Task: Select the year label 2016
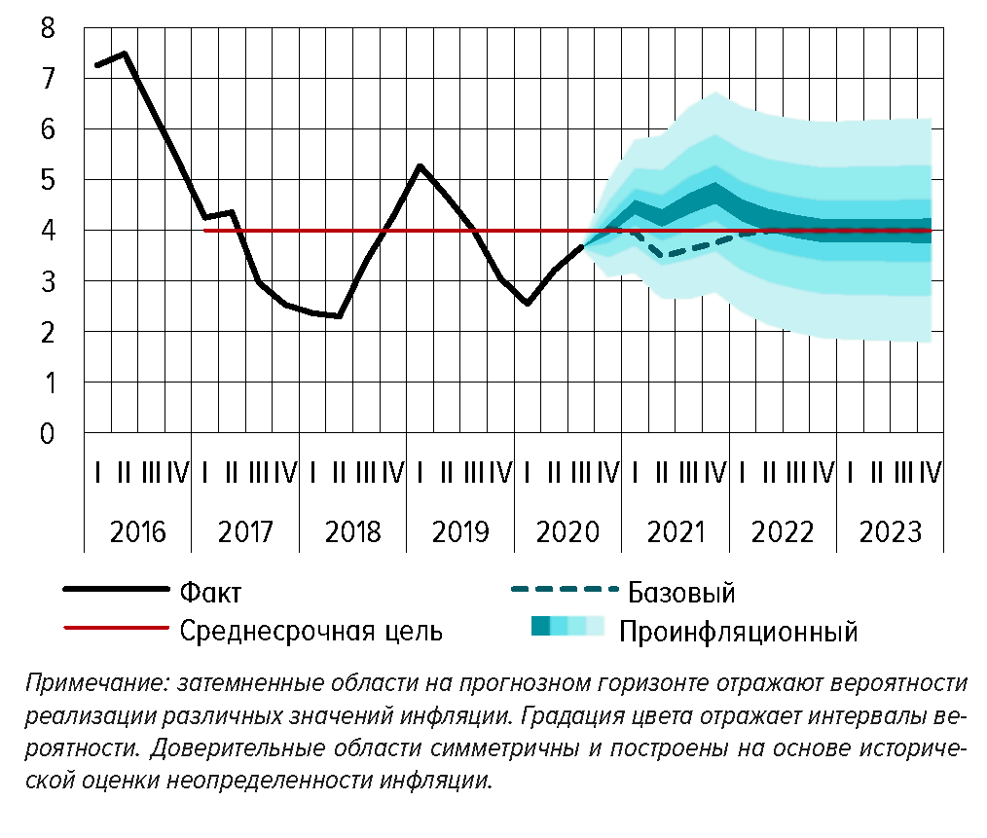pos(138,532)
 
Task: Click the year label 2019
pos(461,532)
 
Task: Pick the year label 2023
pos(892,532)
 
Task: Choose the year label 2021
pos(676,532)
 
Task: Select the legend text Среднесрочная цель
pos(311,631)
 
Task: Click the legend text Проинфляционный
pos(738,632)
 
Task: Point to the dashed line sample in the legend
pos(565,590)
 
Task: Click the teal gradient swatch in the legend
pos(567,627)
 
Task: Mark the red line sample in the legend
pos(116,629)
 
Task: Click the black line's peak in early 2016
pos(125,54)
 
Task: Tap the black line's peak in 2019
pos(420,166)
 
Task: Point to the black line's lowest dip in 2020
pos(527,303)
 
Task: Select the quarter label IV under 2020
pos(609,474)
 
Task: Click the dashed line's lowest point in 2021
pos(665,256)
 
